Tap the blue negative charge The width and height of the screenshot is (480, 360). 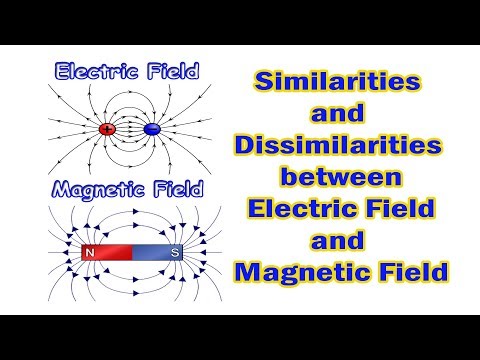[x=152, y=129]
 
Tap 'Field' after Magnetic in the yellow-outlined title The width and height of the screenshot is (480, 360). [x=412, y=272]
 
